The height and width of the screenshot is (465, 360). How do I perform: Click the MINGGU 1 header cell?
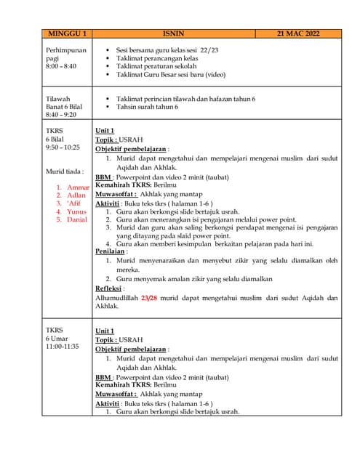(x=68, y=33)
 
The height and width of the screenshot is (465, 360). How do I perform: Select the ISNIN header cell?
(x=175, y=33)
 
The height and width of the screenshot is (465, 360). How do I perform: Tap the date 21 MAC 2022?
(x=298, y=33)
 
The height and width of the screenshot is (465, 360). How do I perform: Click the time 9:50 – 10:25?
(x=63, y=147)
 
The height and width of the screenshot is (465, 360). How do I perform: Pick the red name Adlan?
(x=76, y=195)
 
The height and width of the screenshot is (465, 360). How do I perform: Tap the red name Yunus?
(x=76, y=211)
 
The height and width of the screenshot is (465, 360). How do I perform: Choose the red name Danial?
(x=77, y=219)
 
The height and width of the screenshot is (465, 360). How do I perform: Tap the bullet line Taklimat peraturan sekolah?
(x=158, y=66)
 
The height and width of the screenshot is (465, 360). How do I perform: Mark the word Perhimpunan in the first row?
(x=65, y=50)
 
